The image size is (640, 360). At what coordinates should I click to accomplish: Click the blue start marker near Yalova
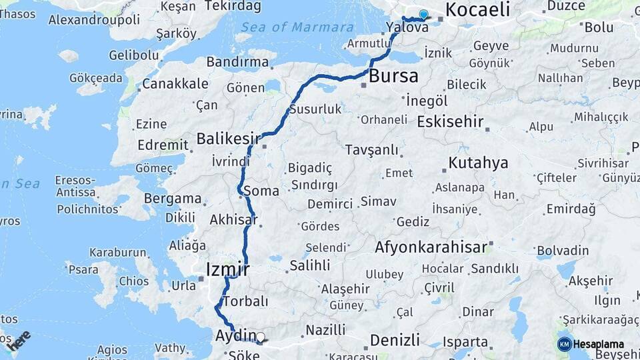[x=423, y=15]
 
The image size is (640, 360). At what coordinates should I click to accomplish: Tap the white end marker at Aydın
[x=261, y=337]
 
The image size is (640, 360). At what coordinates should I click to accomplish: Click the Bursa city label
[x=394, y=75]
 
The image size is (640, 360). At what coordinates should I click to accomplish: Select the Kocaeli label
[x=477, y=9]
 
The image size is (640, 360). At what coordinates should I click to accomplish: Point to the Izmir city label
[x=228, y=269]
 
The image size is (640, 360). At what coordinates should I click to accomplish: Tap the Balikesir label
[x=228, y=139]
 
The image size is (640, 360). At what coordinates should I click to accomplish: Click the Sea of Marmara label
[x=297, y=27]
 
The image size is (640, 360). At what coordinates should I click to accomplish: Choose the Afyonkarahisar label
[x=431, y=247]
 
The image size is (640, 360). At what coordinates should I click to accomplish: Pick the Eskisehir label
[x=450, y=121]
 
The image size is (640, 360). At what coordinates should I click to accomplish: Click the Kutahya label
[x=478, y=163]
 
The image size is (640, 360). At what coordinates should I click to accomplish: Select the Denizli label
[x=395, y=340]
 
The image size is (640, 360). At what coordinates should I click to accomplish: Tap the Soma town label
[x=261, y=191]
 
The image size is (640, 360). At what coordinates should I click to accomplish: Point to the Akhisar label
[x=234, y=219]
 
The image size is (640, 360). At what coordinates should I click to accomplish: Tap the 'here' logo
[x=19, y=341]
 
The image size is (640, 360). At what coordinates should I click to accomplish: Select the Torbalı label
[x=246, y=302]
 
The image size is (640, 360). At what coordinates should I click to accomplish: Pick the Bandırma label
[x=237, y=62]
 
